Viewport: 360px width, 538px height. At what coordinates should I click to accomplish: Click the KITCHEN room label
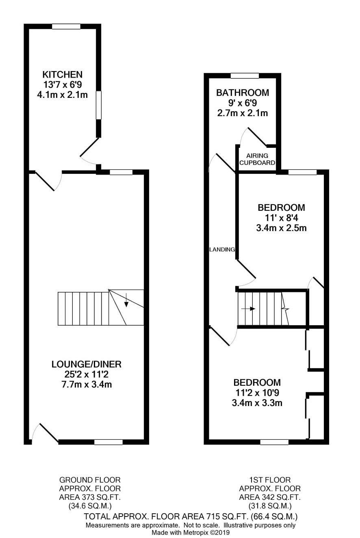click(x=62, y=74)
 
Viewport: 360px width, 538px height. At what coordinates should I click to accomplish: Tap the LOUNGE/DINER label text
click(x=86, y=364)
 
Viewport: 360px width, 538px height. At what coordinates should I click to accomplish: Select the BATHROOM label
click(x=243, y=93)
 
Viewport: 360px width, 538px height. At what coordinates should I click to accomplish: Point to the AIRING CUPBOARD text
click(x=257, y=159)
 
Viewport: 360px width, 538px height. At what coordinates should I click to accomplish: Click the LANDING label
click(x=222, y=250)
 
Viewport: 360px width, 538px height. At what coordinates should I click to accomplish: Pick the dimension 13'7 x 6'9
click(x=62, y=84)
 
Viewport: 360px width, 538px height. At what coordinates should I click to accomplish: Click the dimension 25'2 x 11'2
click(x=86, y=374)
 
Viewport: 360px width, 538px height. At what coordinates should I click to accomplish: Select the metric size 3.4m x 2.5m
click(x=281, y=228)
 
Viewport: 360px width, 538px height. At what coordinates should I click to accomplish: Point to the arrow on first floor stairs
click(x=248, y=309)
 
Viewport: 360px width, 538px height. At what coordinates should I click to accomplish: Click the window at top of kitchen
click(x=66, y=26)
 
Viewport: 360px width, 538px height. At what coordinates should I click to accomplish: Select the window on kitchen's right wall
click(x=98, y=105)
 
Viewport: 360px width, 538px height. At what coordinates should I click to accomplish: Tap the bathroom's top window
click(x=245, y=76)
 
